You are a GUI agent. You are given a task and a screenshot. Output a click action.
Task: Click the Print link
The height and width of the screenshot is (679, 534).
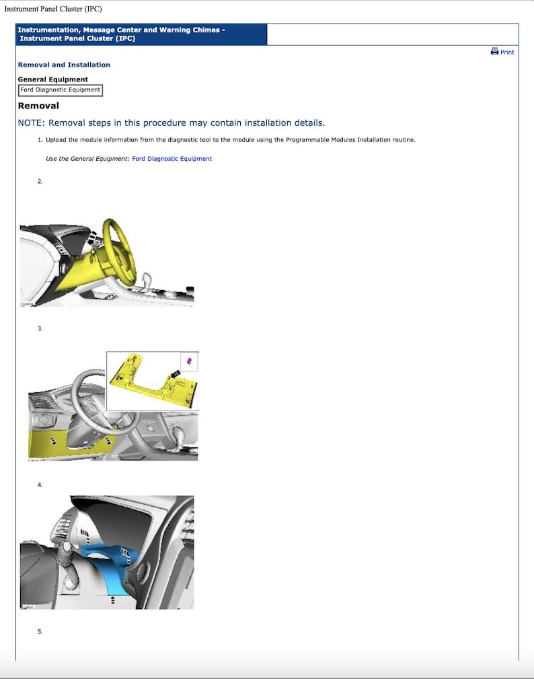(x=507, y=52)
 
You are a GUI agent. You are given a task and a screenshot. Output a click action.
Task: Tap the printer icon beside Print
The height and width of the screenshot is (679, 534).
(x=494, y=51)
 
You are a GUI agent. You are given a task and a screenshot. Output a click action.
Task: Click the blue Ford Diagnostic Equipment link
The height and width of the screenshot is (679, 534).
(x=171, y=159)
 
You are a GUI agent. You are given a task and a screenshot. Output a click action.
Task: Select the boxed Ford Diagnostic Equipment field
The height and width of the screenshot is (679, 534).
(x=61, y=90)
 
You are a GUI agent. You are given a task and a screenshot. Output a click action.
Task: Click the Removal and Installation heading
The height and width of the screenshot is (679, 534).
(x=64, y=65)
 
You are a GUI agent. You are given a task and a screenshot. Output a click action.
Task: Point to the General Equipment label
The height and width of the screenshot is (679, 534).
(x=52, y=79)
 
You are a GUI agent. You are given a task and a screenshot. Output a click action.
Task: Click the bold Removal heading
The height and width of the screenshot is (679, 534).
(x=38, y=106)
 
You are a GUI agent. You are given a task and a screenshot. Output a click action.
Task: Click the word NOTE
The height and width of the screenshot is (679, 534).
(x=30, y=123)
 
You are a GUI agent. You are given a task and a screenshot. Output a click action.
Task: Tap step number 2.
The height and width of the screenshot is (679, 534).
(x=40, y=182)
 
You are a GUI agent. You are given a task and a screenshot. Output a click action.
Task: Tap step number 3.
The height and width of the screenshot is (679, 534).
(x=40, y=328)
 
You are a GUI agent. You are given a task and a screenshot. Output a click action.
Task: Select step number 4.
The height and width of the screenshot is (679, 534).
(x=40, y=485)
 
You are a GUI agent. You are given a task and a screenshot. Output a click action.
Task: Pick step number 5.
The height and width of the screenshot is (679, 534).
(x=40, y=631)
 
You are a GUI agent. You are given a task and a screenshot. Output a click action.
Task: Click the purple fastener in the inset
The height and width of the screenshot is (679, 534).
(x=190, y=361)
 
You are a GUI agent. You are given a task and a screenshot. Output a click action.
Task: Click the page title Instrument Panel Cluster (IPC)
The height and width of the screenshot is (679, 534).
(x=53, y=9)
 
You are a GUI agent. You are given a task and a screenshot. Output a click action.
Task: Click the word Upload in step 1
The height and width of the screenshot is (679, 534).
(x=56, y=140)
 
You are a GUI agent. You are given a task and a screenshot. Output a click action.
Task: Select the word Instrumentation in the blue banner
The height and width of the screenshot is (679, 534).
(x=48, y=30)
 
